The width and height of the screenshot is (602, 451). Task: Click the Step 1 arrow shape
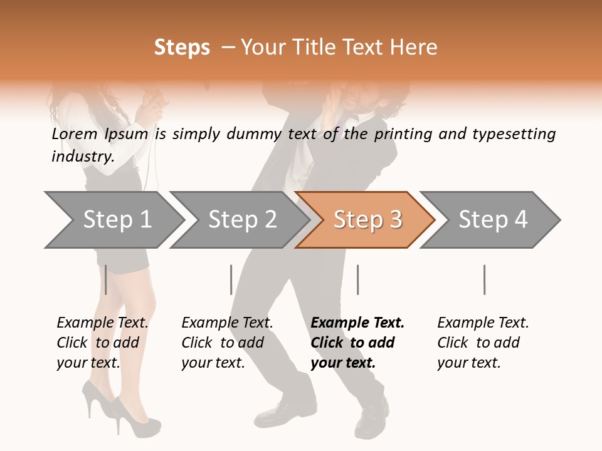pos(116,220)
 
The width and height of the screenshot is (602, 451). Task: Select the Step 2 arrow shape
pos(241,220)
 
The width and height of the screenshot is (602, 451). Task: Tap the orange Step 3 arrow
pos(367,220)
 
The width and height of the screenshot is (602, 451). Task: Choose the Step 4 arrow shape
pos(492,220)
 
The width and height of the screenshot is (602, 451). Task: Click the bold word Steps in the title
pos(182,48)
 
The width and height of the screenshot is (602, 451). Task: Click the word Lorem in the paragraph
pos(75,134)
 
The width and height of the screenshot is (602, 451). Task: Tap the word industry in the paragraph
pos(82,156)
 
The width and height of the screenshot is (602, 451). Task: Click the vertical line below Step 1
pos(106,279)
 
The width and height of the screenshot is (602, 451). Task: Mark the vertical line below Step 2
pos(231,279)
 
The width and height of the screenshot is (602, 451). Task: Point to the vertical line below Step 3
pos(358,279)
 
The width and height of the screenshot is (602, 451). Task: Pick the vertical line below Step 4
pos(485,279)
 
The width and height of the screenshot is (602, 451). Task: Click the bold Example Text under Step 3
pos(357,323)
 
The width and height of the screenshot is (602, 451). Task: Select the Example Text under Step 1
pos(102,323)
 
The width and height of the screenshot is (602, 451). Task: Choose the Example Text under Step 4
pos(483,323)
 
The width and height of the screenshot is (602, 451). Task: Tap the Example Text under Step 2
pos(227,323)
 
